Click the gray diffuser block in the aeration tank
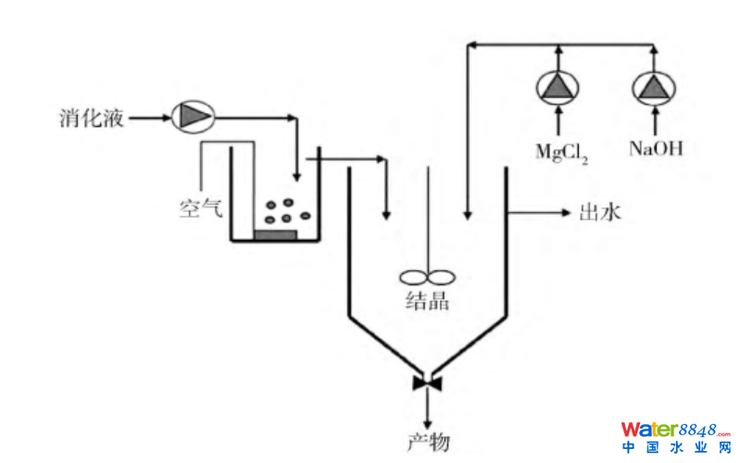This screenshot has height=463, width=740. (x=275, y=233)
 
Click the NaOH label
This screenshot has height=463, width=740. (x=656, y=148)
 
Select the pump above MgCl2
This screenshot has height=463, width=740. (x=558, y=87)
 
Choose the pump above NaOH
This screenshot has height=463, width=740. (x=656, y=87)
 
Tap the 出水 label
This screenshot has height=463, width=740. (x=598, y=214)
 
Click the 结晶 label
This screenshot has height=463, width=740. (x=428, y=300)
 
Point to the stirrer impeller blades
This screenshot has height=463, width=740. (x=427, y=275)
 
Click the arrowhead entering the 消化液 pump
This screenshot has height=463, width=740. (x=165, y=118)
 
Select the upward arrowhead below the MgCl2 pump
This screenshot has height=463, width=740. (x=558, y=112)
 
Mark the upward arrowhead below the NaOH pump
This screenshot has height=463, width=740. (x=656, y=112)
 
